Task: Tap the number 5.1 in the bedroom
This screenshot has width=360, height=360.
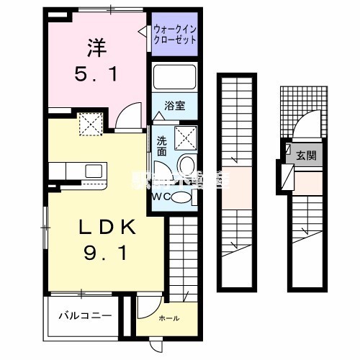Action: [96, 74]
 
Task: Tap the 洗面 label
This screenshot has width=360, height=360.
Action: [162, 145]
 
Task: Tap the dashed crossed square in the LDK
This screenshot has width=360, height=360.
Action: [91, 126]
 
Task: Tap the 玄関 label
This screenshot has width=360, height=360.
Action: [305, 155]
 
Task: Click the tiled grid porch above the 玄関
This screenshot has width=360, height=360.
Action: [291, 99]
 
